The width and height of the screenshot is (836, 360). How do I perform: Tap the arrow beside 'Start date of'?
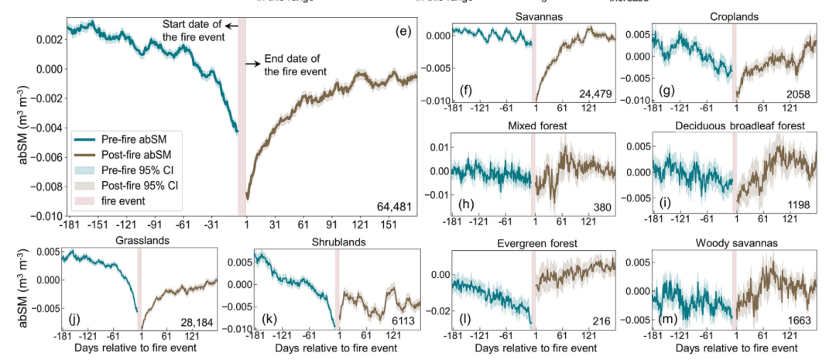coord(231,26)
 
